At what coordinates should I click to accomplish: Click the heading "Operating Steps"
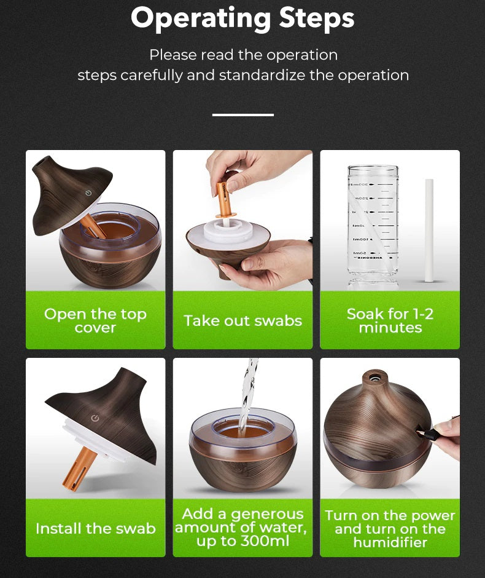coord(243,18)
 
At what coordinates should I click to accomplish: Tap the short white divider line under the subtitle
coord(243,114)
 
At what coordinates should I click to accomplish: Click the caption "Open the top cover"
coord(95,320)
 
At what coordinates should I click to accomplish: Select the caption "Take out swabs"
coord(243,320)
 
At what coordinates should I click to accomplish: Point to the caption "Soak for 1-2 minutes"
coord(390,320)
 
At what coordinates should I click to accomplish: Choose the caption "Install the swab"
coord(95,528)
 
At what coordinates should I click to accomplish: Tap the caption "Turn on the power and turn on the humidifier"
coord(390,528)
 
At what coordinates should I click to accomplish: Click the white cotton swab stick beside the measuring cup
coord(429,230)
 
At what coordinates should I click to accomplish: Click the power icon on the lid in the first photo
coord(89,192)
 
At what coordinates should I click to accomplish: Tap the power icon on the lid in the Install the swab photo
coord(95,418)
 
